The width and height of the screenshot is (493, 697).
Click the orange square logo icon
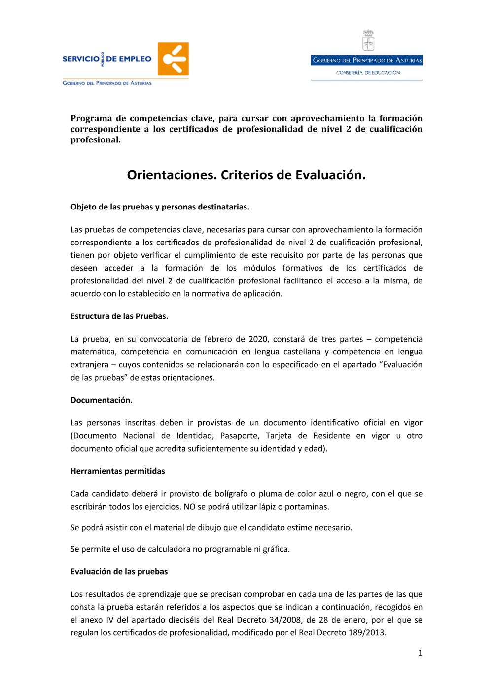tap(173, 59)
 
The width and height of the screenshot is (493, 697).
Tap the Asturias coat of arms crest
tap(368, 40)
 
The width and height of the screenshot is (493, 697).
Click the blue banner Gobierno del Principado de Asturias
tap(367, 60)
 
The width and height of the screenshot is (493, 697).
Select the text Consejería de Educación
tap(368, 73)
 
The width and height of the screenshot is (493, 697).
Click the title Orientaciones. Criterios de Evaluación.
tap(246, 175)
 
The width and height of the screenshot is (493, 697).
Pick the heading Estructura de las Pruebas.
tap(119, 316)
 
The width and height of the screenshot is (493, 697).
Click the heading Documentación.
tap(102, 400)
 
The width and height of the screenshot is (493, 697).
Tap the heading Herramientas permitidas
tap(118, 471)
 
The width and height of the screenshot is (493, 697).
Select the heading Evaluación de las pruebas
tap(119, 572)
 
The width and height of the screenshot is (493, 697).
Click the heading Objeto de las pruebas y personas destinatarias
tap(160, 207)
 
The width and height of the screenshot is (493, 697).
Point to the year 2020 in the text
tap(258, 339)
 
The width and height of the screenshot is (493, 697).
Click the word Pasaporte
tap(240, 436)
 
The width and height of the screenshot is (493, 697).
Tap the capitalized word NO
tap(189, 507)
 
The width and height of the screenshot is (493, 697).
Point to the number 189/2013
tap(366, 633)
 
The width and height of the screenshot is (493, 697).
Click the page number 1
tap(420, 653)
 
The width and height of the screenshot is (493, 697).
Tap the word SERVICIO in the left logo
tap(81, 59)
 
